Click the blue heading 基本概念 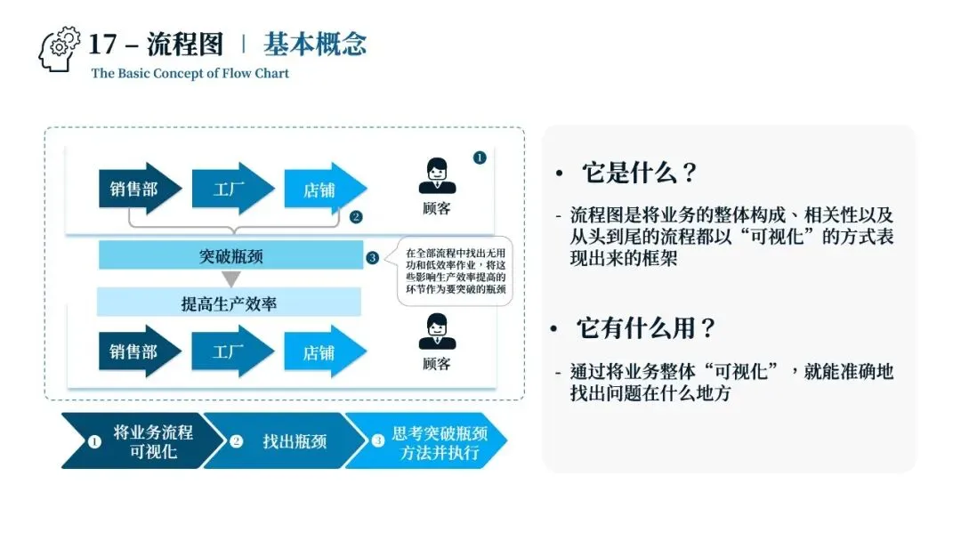point(315,44)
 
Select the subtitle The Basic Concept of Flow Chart point(190,73)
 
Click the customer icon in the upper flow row point(437,176)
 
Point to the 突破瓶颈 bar point(231,256)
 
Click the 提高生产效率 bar point(229,303)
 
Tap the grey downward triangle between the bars point(230,279)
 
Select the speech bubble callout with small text point(455,270)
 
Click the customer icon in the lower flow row point(437,331)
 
